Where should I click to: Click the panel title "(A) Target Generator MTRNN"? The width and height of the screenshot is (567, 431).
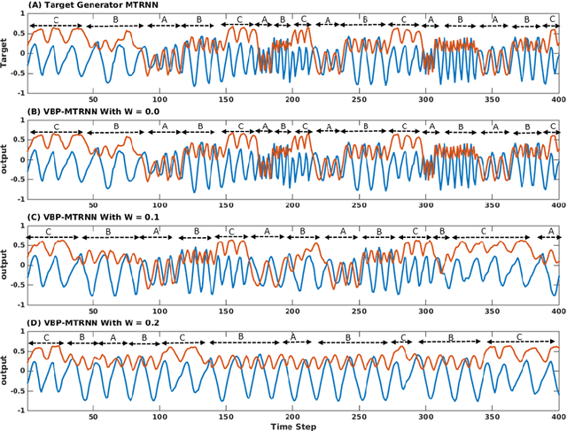tap(72, 5)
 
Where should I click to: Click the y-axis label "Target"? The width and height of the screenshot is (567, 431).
tap(6, 50)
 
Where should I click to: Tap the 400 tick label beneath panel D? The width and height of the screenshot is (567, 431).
tap(557, 413)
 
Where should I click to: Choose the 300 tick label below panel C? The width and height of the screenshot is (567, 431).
tap(426, 309)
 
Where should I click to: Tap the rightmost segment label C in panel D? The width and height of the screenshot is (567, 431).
tap(519, 336)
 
